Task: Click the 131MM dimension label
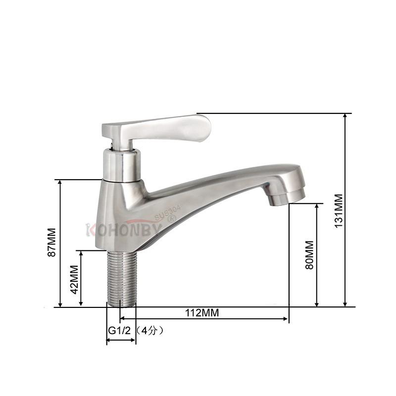coord(339,211)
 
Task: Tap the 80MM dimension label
coord(310,255)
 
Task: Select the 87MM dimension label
coord(51,242)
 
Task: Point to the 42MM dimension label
coord(74,280)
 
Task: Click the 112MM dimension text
coord(202,313)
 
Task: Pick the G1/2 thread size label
coord(119,330)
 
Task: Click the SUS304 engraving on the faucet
coord(168,213)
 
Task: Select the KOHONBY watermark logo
coord(124,230)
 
